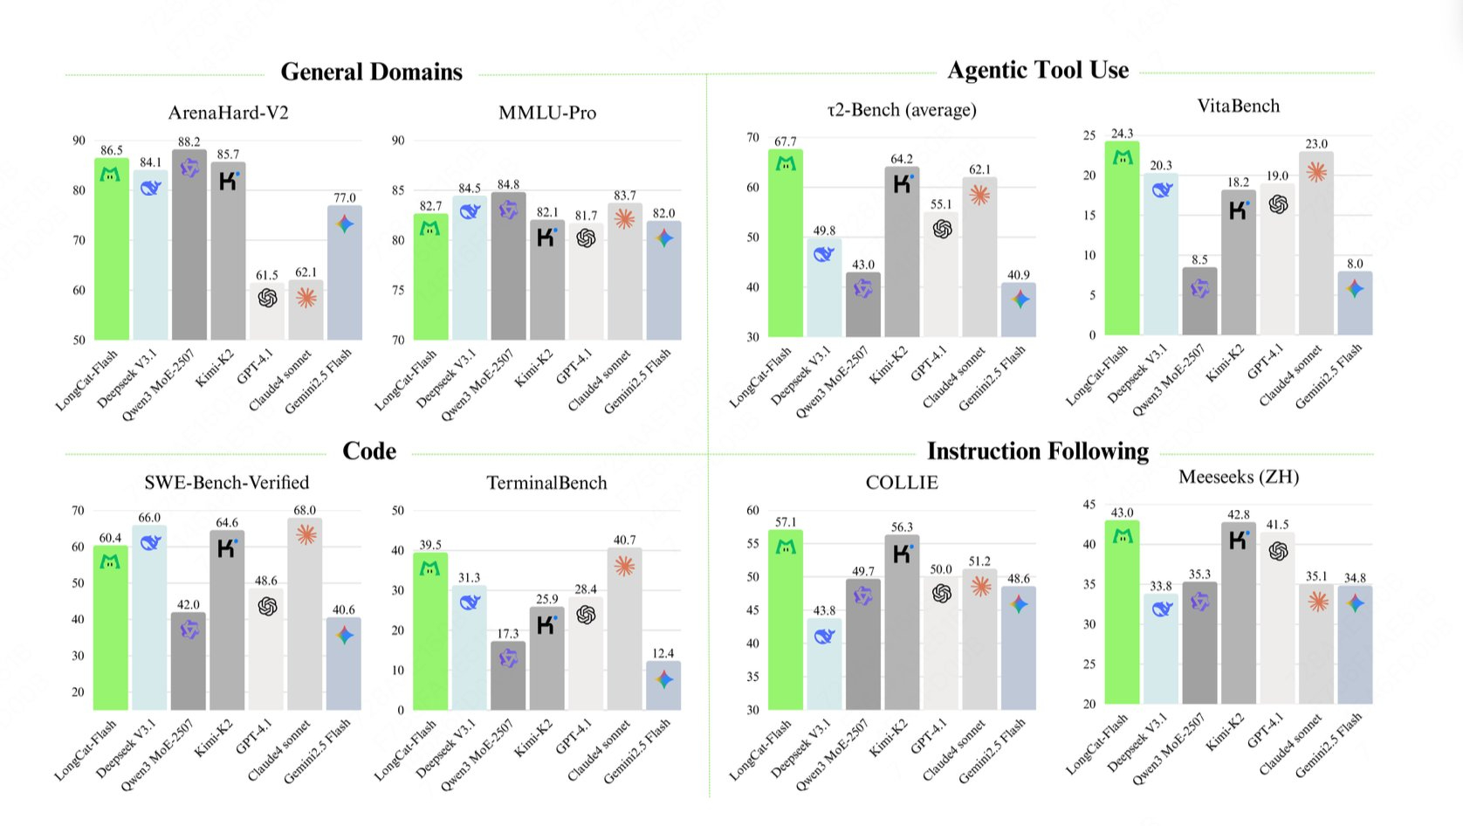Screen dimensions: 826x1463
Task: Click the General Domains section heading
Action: coord(371,72)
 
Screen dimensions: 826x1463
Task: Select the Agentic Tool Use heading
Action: coord(1038,70)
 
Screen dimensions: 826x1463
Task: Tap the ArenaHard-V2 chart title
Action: coord(228,113)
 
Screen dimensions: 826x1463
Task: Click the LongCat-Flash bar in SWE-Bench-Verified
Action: coord(110,629)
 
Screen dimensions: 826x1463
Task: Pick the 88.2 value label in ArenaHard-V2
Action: coord(189,141)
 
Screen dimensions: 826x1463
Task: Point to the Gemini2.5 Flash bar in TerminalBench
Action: coord(663,686)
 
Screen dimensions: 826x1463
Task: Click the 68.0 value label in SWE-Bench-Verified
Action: coord(305,510)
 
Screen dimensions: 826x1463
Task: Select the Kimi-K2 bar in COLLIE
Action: coord(902,624)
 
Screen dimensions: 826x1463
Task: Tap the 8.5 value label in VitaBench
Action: coord(1199,259)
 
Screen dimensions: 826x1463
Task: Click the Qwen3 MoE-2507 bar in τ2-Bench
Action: coord(862,306)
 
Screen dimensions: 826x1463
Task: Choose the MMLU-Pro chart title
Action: coord(547,113)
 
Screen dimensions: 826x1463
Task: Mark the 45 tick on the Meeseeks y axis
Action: coord(1089,505)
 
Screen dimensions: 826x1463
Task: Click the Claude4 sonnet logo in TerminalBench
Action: coord(624,566)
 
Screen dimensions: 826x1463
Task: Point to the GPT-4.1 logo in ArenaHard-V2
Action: coord(267,298)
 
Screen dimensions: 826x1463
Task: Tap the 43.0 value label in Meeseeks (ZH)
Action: coord(1122,513)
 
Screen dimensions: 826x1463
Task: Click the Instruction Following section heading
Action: coord(1038,451)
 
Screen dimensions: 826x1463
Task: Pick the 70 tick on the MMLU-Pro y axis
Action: coord(398,340)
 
